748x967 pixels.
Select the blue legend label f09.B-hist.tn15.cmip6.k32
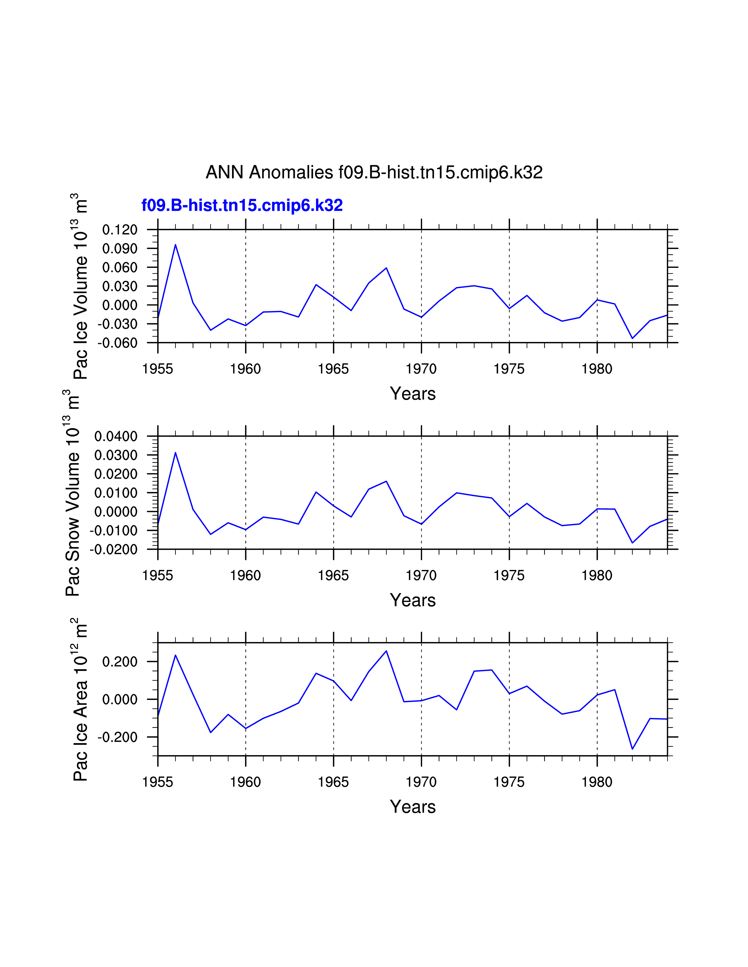[x=242, y=205]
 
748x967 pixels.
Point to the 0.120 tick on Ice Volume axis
[x=120, y=230]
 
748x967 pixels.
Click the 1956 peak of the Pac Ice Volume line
[x=175, y=245]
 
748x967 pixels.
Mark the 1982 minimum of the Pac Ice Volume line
[x=632, y=338]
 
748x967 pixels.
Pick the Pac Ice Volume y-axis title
[x=81, y=287]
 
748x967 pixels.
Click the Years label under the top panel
[x=412, y=394]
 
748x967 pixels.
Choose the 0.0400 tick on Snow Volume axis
[x=116, y=437]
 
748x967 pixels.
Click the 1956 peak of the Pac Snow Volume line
[x=175, y=452]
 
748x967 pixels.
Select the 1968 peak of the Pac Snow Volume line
[x=386, y=481]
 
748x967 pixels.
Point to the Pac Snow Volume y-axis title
[x=72, y=493]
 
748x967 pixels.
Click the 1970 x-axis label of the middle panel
[x=421, y=576]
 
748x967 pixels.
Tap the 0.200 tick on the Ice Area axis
[x=120, y=662]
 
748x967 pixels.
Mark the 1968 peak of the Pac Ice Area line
[x=386, y=651]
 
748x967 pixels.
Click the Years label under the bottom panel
[x=412, y=807]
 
